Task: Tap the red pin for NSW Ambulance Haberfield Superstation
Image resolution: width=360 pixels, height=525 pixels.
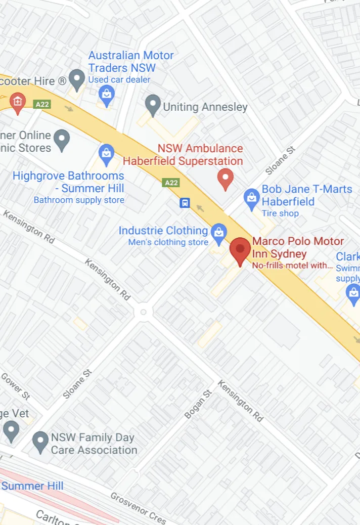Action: tap(225, 179)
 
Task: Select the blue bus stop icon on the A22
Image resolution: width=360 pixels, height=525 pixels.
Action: tap(185, 203)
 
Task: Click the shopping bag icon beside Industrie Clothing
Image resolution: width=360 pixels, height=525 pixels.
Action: tap(218, 233)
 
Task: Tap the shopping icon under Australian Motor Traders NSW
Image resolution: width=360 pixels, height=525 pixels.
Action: tap(106, 95)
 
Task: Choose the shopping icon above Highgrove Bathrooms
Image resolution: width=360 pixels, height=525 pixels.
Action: tap(106, 154)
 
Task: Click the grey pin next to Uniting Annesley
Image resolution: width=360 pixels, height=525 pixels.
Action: tap(152, 106)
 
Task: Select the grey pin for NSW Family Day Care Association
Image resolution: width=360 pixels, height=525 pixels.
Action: tap(40, 442)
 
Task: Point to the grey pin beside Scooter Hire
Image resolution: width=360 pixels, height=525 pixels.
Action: tap(77, 80)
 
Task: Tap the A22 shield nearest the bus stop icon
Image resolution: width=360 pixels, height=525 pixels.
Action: tap(171, 183)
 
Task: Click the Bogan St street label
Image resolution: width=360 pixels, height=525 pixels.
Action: tap(198, 404)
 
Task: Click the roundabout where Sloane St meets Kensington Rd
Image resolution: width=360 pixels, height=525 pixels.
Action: tap(144, 312)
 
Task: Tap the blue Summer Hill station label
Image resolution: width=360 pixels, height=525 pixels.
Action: tap(32, 486)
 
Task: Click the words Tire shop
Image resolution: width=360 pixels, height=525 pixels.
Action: tap(280, 213)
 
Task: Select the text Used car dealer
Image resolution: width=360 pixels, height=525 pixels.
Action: tap(119, 79)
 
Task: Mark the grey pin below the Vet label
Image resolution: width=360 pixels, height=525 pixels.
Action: tap(11, 431)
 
